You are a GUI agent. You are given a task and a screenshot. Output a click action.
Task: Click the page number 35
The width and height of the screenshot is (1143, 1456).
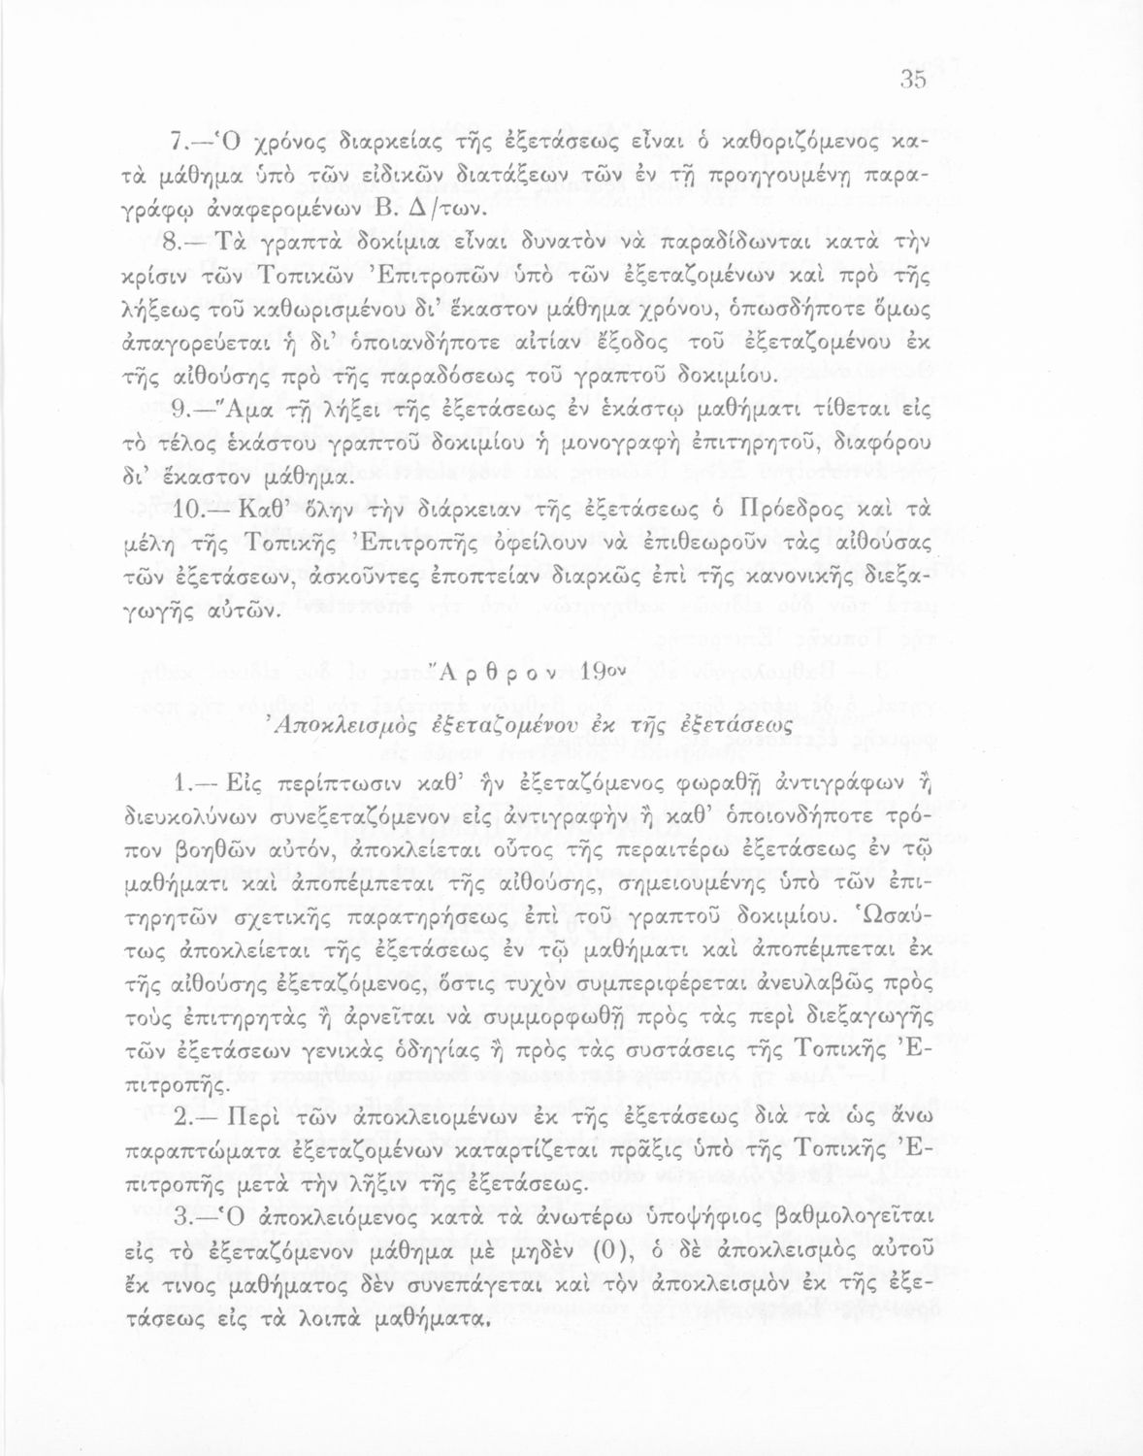[914, 82]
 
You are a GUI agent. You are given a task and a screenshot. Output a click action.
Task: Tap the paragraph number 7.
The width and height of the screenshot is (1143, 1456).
[178, 144]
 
